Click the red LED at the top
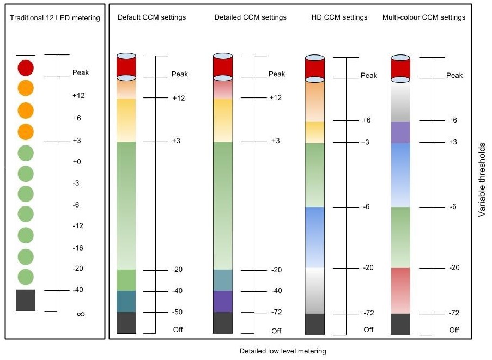(x=26, y=68)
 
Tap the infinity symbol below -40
(x=81, y=314)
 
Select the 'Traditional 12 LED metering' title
(x=55, y=18)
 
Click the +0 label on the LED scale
(x=77, y=162)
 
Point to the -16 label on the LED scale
(x=78, y=248)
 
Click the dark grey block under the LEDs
(x=26, y=300)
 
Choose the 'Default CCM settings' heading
(x=151, y=17)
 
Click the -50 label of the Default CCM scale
(x=177, y=312)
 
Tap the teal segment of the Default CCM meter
(x=126, y=301)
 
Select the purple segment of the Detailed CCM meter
(x=223, y=301)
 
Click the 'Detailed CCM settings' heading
(x=251, y=17)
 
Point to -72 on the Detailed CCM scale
(x=276, y=312)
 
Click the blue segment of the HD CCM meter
(x=315, y=237)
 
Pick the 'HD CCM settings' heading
(x=339, y=17)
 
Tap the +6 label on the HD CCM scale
(x=366, y=120)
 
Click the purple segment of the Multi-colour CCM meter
(x=400, y=132)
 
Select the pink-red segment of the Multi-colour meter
(x=400, y=291)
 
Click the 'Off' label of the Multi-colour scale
(x=454, y=330)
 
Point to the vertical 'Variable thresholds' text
(x=482, y=180)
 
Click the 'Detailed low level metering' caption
(x=283, y=351)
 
